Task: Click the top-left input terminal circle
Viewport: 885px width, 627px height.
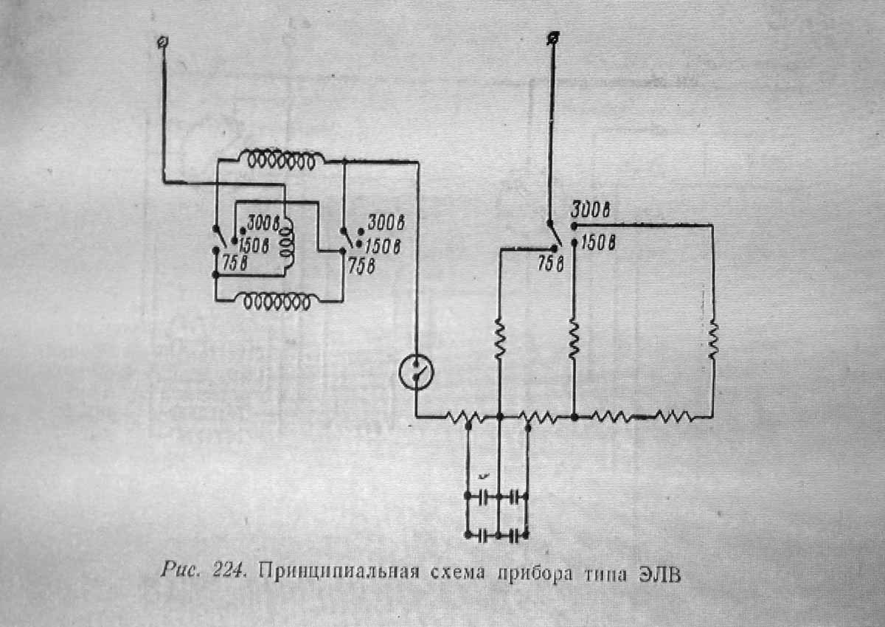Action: pos(162,42)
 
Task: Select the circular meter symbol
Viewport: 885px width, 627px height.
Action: pos(416,374)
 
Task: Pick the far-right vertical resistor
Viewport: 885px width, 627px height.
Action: pos(712,339)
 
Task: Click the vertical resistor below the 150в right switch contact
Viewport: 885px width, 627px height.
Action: pos(575,339)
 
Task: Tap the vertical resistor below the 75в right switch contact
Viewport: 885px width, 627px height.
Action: pos(499,339)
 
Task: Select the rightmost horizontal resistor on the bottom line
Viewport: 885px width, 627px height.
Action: pos(673,418)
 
